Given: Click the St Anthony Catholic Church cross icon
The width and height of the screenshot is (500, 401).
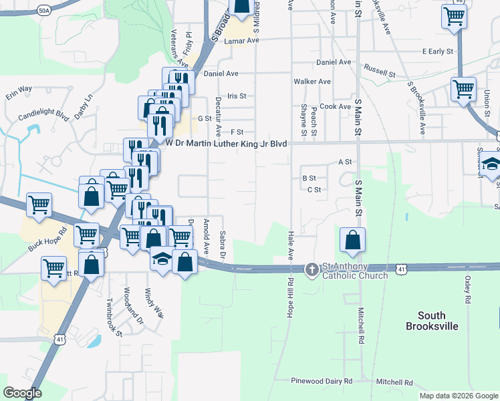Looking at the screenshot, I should pos(311,269).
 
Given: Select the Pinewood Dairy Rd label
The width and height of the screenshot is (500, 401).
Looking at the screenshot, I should pos(322,381).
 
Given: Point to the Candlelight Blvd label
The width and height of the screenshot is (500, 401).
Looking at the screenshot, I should pos(44,115).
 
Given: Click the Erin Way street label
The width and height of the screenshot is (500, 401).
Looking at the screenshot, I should pos(19,89).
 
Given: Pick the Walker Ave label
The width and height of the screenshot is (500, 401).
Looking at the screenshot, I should pos(312,82).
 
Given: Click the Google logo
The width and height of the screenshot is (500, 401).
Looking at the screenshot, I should pos(22,393).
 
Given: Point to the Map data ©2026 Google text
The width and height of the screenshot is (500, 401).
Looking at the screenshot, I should pos(458,396).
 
